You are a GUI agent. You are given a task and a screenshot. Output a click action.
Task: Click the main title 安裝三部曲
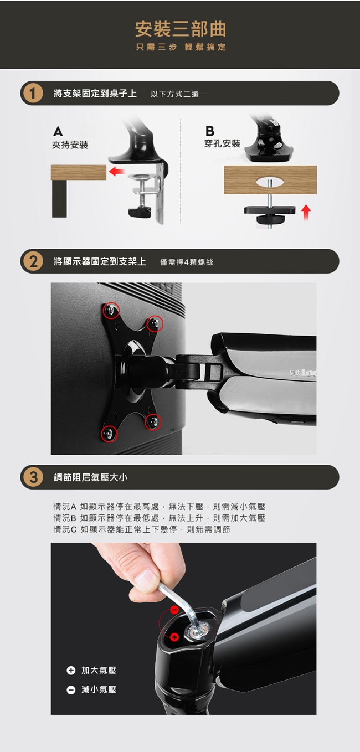pyautogui.click(x=180, y=29)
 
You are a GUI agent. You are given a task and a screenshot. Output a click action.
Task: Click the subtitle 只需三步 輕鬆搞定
pyautogui.click(x=180, y=47)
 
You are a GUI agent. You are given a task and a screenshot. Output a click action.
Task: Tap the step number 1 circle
pyautogui.click(x=33, y=93)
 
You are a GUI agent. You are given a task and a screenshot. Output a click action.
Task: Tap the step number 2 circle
pyautogui.click(x=33, y=261)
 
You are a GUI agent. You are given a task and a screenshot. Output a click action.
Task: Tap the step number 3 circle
pyautogui.click(x=33, y=477)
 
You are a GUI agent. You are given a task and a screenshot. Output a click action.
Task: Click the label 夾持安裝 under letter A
pyautogui.click(x=70, y=145)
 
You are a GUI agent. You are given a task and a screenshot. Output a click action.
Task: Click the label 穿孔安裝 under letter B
pyautogui.click(x=222, y=143)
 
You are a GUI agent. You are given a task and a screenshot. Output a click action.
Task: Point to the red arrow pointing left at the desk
pyautogui.click(x=116, y=172)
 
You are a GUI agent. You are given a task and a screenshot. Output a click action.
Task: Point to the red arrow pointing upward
pyautogui.click(x=306, y=211)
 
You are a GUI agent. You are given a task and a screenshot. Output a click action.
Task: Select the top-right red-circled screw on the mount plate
pyautogui.click(x=155, y=323)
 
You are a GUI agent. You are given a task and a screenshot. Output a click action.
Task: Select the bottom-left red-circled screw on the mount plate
pyautogui.click(x=109, y=433)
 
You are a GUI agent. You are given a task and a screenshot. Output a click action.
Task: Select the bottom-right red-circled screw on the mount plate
pyautogui.click(x=153, y=422)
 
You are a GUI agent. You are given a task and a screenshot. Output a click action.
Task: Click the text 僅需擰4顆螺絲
pyautogui.click(x=186, y=262)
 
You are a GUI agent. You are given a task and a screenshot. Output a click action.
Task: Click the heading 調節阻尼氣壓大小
pyautogui.click(x=90, y=477)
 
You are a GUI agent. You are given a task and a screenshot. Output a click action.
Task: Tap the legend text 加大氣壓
pyautogui.click(x=99, y=670)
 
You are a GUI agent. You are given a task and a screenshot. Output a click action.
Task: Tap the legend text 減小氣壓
pyautogui.click(x=99, y=689)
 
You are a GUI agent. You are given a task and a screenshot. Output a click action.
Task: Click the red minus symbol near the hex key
pyautogui.click(x=174, y=610)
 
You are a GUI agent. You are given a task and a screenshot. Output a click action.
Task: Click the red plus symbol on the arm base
pyautogui.click(x=174, y=636)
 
